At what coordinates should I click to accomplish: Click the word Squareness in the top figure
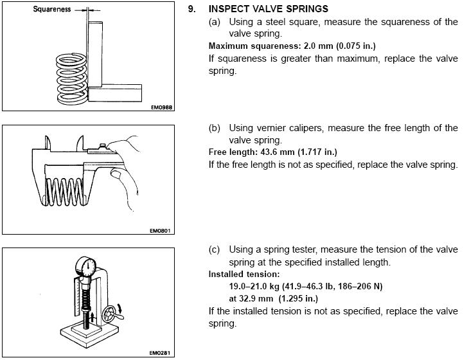(x=52, y=9)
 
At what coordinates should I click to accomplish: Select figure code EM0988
(x=161, y=107)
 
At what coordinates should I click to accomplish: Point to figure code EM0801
(x=160, y=230)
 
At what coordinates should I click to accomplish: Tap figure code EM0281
(x=160, y=353)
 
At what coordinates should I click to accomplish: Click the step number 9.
(x=191, y=9)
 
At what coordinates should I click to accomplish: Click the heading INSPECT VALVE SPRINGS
(x=269, y=9)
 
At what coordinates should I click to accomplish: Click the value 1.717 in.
(x=317, y=152)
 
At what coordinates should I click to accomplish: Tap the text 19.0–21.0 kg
(x=254, y=286)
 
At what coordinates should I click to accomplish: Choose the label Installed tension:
(x=244, y=274)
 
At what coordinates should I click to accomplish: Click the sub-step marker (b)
(x=214, y=128)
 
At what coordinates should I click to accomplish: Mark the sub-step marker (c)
(x=214, y=249)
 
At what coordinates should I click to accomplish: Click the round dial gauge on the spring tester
(x=85, y=267)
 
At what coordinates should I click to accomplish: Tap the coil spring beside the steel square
(x=72, y=78)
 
